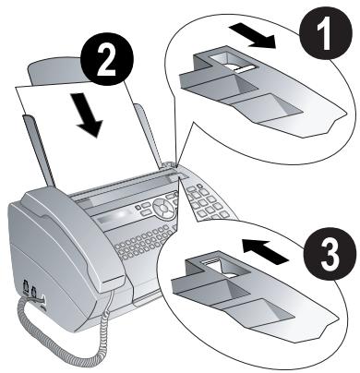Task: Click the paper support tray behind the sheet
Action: tap(60, 74)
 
